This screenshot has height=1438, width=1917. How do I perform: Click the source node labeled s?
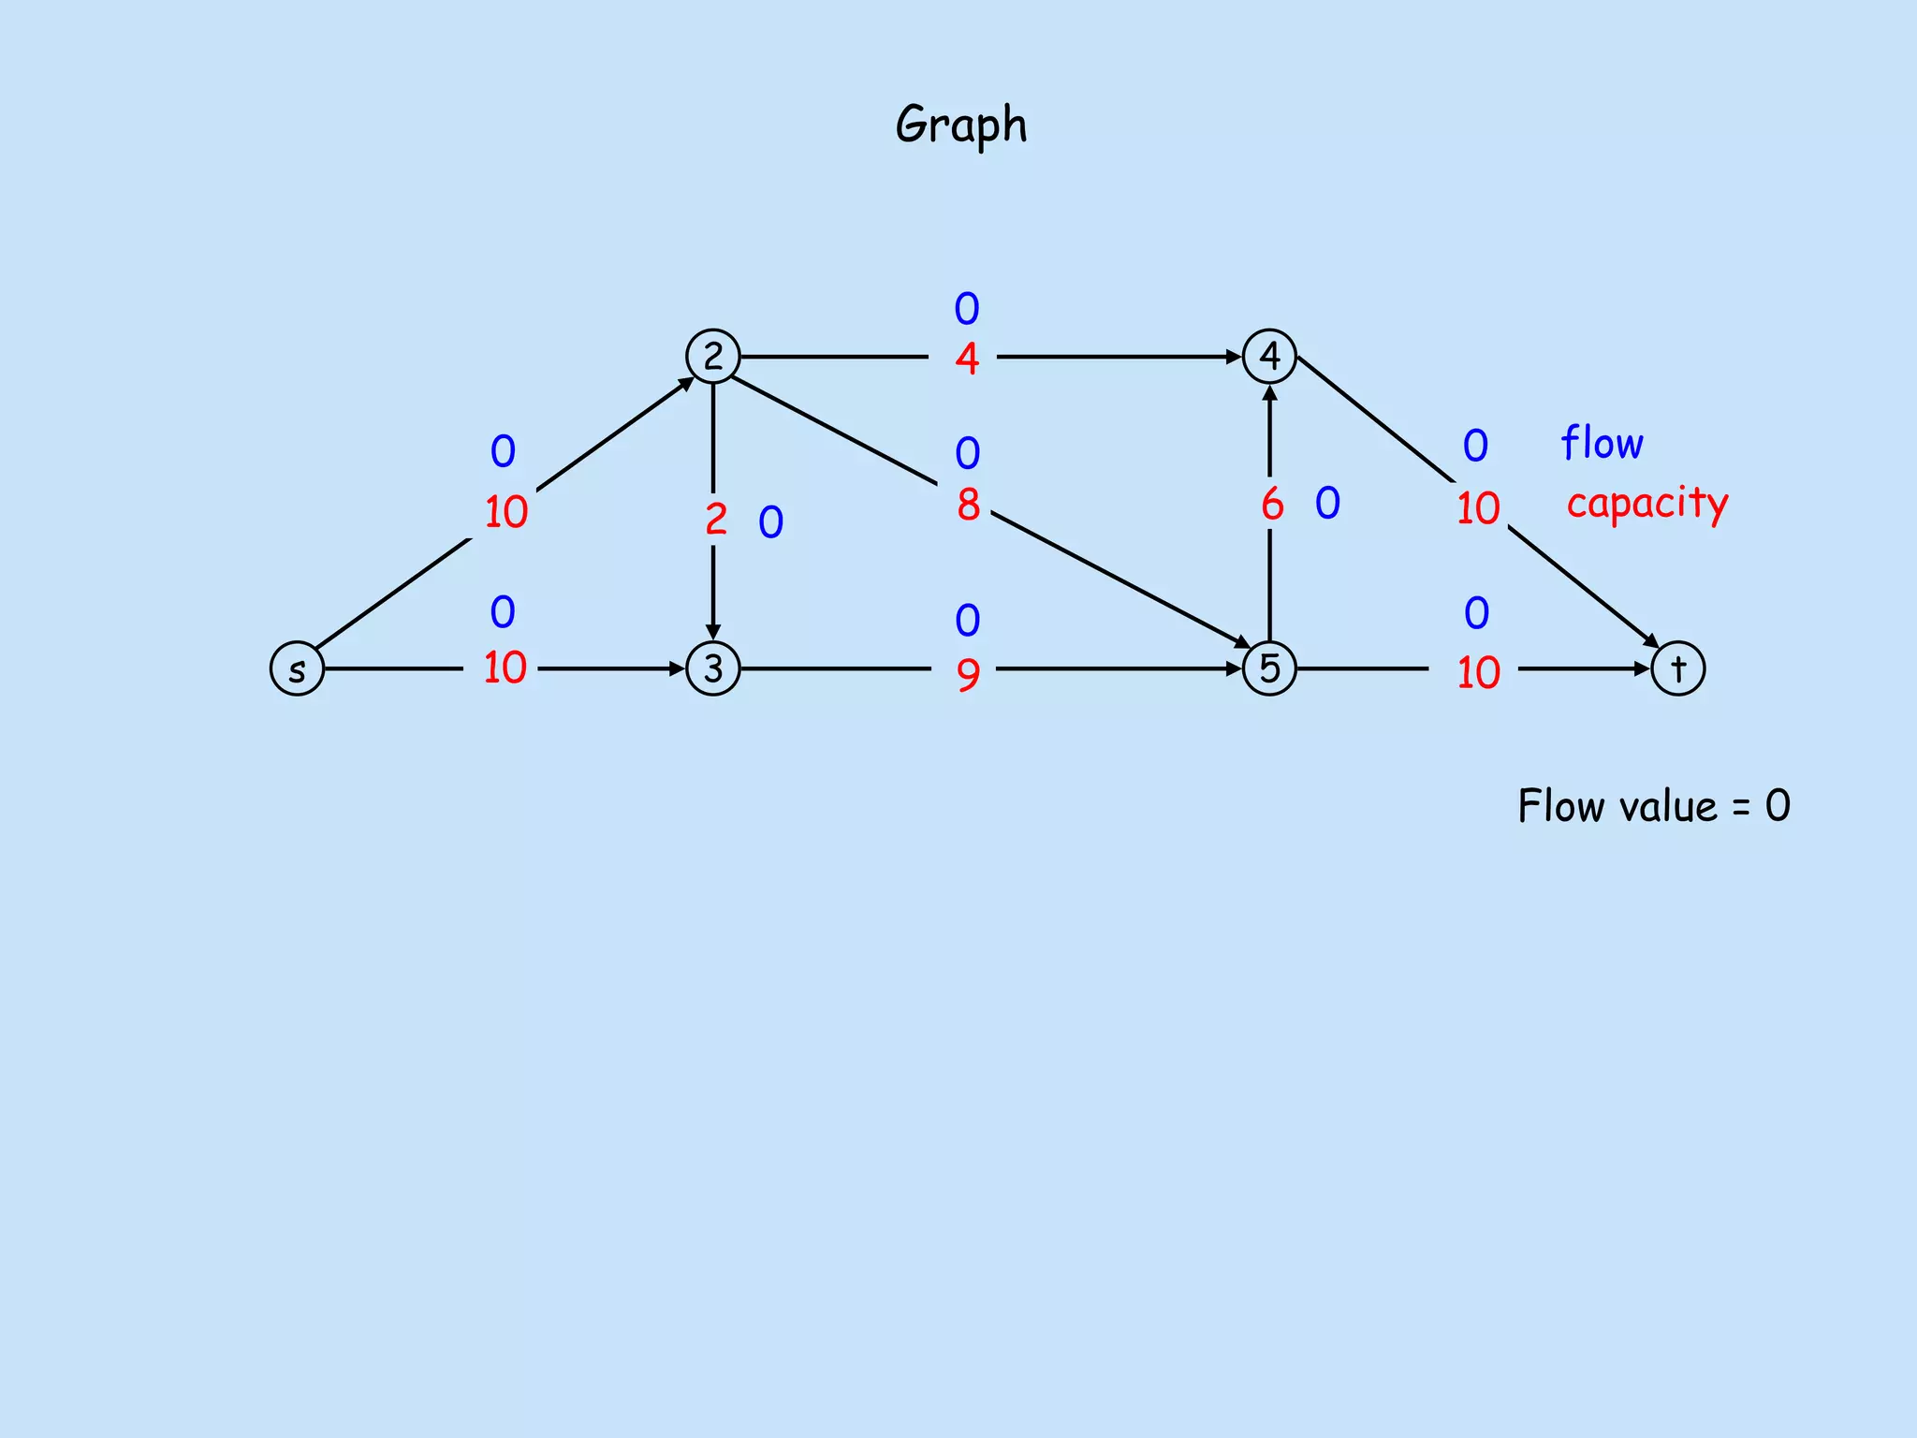(x=297, y=668)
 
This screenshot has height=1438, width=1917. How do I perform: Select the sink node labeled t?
(x=1677, y=668)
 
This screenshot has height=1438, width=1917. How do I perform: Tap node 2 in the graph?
(x=713, y=356)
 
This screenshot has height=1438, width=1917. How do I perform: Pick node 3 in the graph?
(x=713, y=668)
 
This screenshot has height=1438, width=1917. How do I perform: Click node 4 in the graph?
(x=1269, y=356)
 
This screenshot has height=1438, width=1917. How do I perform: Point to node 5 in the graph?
(x=1269, y=668)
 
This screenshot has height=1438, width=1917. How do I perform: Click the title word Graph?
(x=960, y=125)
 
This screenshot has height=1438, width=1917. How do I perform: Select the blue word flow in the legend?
(x=1602, y=443)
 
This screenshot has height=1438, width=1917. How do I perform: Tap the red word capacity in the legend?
(x=1647, y=504)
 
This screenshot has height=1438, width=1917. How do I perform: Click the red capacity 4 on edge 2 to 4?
(x=967, y=359)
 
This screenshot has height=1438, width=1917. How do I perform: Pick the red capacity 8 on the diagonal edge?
(x=968, y=506)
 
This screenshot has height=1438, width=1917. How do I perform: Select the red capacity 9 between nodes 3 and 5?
(x=968, y=674)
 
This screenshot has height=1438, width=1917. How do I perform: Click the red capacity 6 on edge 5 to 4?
(x=1272, y=505)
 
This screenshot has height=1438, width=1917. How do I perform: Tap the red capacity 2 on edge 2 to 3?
(x=716, y=520)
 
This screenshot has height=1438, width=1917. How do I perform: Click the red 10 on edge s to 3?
(x=505, y=668)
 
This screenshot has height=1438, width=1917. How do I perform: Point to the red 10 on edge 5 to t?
(x=1479, y=673)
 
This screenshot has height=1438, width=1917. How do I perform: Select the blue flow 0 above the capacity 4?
(x=967, y=309)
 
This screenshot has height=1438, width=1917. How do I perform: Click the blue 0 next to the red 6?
(x=1327, y=504)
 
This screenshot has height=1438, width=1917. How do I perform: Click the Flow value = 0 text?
(x=1653, y=806)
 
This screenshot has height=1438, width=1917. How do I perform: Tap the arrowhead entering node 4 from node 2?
(x=1235, y=357)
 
